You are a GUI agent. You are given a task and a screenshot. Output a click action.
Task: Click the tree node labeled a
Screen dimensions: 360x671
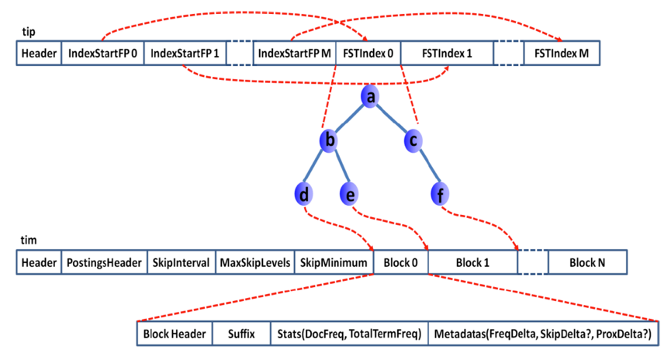pyautogui.click(x=371, y=96)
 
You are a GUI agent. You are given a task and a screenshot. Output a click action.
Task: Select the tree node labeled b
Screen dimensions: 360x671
pyautogui.click(x=330, y=140)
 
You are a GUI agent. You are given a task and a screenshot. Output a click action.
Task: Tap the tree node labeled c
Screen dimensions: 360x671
pyautogui.click(x=413, y=140)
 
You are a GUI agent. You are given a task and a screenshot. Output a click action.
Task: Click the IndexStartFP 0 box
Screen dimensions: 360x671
pyautogui.click(x=102, y=54)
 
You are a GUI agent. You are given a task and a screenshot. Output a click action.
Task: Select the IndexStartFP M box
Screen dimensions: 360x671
pyautogui.click(x=294, y=54)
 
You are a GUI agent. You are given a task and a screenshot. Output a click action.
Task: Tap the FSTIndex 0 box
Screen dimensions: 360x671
pyautogui.click(x=368, y=54)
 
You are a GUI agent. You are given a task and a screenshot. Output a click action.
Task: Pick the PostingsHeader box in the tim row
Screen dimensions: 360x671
pyautogui.click(x=103, y=262)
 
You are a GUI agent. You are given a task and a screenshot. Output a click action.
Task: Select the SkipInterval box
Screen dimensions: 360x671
pyautogui.click(x=179, y=262)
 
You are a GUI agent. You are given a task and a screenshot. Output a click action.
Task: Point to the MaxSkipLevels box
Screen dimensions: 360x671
pyautogui.click(x=254, y=262)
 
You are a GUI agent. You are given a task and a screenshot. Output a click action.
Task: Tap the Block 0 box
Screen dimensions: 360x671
pyautogui.click(x=400, y=262)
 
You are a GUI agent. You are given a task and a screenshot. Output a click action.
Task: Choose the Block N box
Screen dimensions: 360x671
pyautogui.click(x=587, y=262)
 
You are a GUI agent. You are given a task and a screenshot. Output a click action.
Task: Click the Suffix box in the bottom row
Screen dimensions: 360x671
pyautogui.click(x=240, y=334)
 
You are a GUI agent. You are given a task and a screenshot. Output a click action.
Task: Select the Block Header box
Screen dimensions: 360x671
pyautogui.click(x=175, y=334)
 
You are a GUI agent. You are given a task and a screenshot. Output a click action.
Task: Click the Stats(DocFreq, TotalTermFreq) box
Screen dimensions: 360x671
pyautogui.click(x=348, y=334)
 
